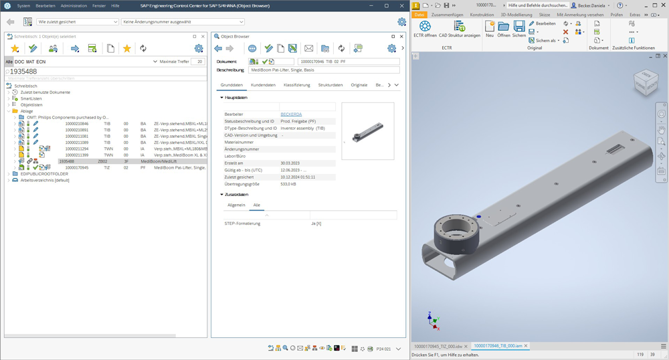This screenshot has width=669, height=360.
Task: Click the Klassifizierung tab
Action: pos(296,85)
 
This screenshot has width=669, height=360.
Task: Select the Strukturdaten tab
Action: pos(330,85)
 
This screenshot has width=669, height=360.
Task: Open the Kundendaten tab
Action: pos(263,85)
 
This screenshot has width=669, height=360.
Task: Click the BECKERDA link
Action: pos(291,114)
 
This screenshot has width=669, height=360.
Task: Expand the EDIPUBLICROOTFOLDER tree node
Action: pos(9,174)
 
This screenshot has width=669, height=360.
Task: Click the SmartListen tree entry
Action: pos(31,98)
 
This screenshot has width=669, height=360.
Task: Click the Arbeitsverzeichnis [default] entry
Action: pos(44,180)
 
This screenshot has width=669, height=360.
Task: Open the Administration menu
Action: pos(74,5)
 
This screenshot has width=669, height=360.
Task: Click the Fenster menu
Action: pos(99,5)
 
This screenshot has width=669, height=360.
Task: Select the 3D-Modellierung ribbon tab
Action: pos(516,15)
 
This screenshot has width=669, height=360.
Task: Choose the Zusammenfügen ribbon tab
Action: pos(447,15)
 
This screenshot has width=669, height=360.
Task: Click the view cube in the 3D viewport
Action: pos(646,83)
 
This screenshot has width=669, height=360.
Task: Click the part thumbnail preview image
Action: pos(367,131)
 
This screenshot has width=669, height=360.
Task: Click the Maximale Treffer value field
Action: pos(197,62)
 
